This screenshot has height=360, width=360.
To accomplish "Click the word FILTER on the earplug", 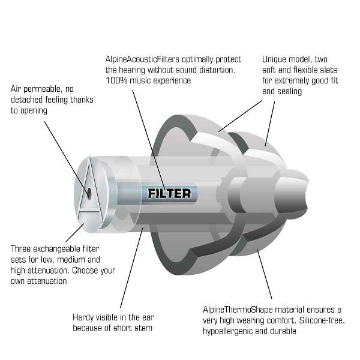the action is [x=169, y=193].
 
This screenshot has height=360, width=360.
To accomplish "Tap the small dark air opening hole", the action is [x=89, y=193].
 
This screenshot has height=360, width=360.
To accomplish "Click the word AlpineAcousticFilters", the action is [x=142, y=59].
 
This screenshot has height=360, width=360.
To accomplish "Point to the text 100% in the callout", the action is [x=116, y=80].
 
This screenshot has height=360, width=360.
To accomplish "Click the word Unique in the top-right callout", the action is [x=274, y=59].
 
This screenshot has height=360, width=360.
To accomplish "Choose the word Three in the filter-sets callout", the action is [x=20, y=249].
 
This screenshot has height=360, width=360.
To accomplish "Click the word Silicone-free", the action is [x=322, y=320].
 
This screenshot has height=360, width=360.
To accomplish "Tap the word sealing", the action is [x=290, y=91].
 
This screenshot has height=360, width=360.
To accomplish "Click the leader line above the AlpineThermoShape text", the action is [x=265, y=274].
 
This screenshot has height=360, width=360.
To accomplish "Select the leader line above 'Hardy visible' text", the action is [x=131, y=268].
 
